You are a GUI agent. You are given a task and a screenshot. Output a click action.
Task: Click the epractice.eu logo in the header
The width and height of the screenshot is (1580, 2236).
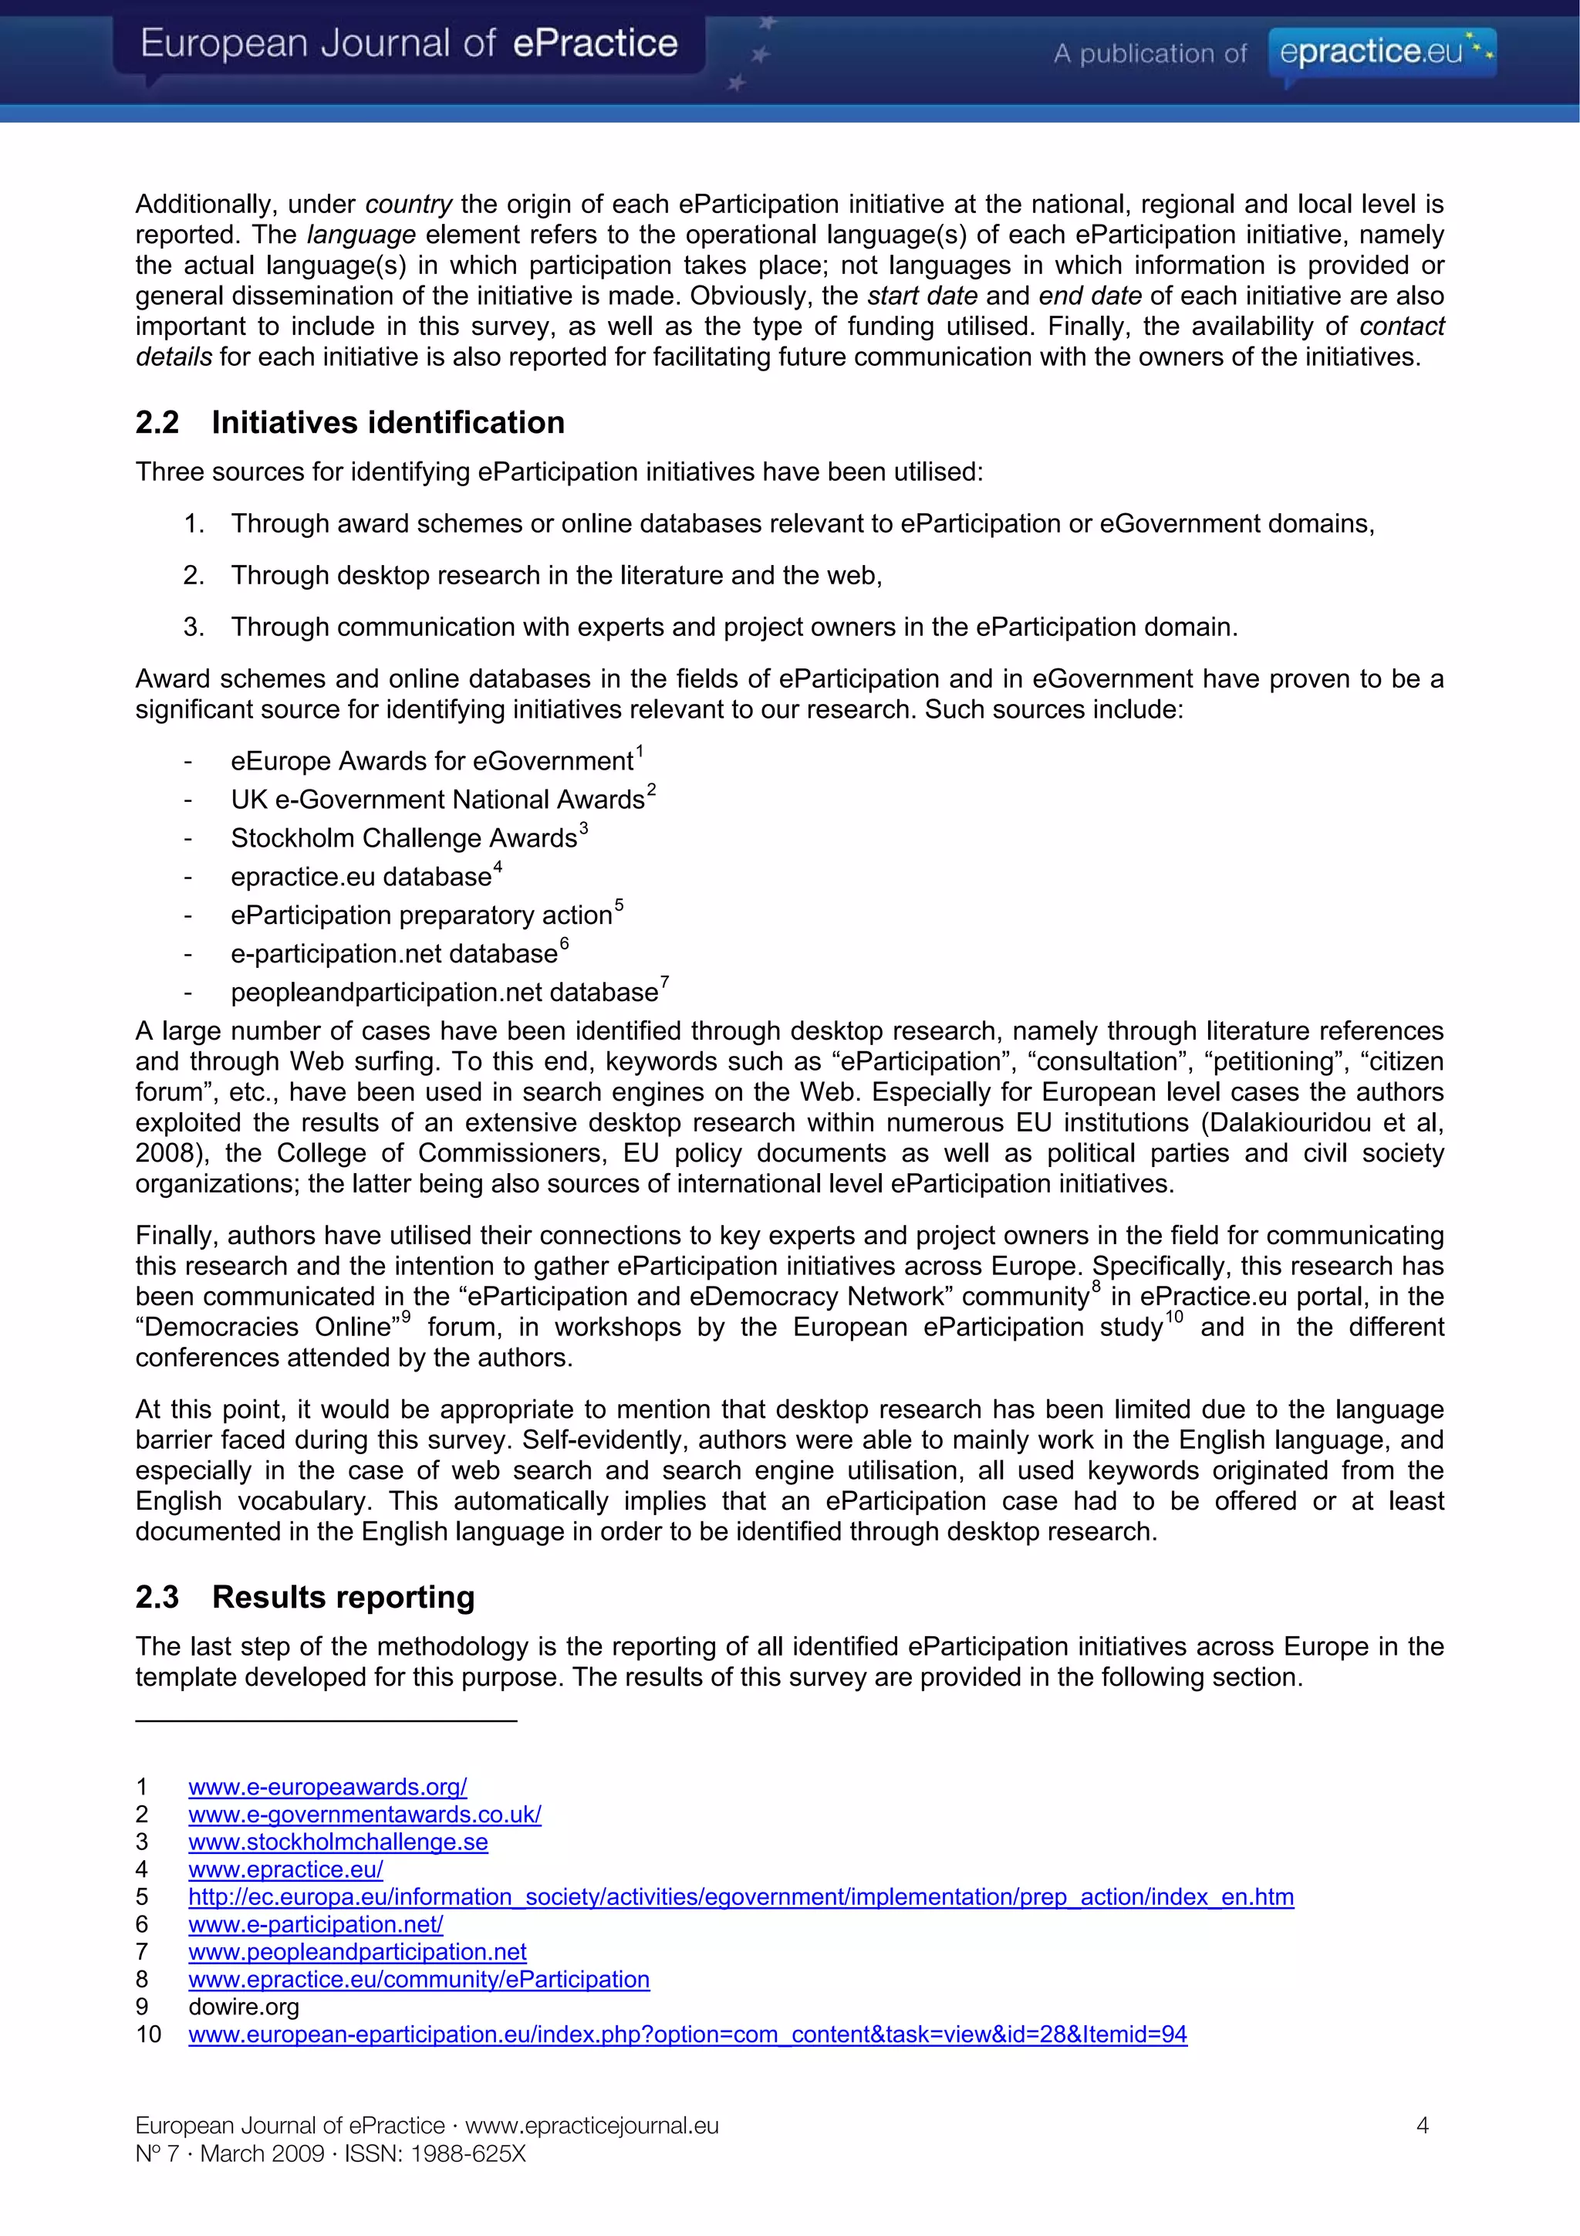point(1382,52)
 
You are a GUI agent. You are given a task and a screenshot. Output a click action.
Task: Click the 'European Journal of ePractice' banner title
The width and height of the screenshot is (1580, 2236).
point(409,44)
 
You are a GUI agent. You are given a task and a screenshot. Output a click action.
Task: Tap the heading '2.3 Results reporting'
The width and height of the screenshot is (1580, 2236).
point(305,1596)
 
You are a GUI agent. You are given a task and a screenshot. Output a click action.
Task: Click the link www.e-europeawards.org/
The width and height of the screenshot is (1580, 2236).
point(327,1786)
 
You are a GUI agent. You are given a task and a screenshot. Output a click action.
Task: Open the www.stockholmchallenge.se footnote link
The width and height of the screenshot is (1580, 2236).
point(338,1841)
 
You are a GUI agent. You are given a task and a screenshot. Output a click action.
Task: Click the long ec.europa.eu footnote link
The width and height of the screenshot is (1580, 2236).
point(740,1896)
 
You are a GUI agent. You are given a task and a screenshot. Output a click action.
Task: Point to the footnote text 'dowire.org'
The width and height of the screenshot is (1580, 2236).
point(243,2006)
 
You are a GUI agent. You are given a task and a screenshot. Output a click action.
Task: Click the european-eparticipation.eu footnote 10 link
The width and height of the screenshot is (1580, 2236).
point(687,2034)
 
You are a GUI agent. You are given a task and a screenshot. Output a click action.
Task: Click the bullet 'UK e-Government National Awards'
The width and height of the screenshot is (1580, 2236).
point(437,799)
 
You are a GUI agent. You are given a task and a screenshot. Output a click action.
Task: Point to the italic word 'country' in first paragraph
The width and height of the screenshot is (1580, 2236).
point(408,204)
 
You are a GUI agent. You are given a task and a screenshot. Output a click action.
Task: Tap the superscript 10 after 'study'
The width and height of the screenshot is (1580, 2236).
point(1174,1318)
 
